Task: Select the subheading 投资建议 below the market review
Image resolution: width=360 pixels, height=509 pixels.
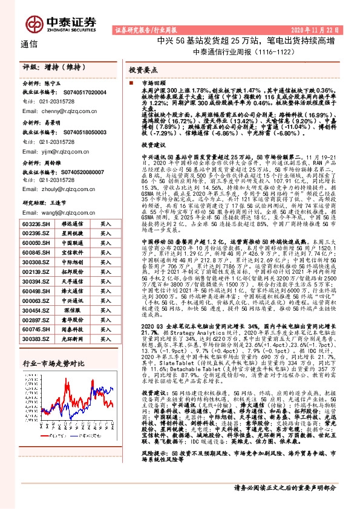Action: point(153,146)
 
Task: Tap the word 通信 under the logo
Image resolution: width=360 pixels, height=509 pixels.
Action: point(28,44)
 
